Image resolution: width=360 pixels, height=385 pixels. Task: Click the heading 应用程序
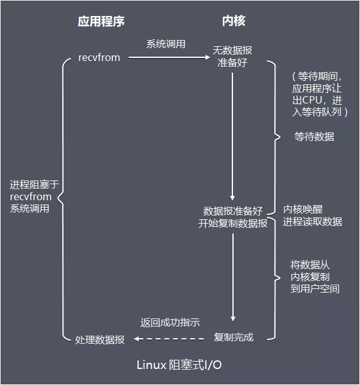click(101, 21)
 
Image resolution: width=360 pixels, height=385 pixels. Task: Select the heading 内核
click(233, 21)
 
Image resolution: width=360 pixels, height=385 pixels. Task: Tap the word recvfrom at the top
click(99, 57)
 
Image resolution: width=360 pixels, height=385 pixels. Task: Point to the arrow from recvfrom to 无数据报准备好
click(166, 58)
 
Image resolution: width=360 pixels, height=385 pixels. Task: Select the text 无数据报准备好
click(232, 56)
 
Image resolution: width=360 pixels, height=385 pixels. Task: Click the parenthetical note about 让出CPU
click(321, 94)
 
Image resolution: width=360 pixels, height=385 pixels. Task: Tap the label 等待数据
click(314, 137)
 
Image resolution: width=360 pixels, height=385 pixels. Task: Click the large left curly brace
click(64, 197)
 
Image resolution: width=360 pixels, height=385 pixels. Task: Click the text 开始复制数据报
click(232, 224)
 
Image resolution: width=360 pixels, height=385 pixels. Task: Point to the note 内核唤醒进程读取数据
click(313, 215)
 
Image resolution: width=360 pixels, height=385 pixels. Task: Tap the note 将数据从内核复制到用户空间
click(314, 276)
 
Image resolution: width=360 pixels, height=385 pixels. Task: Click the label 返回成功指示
click(170, 323)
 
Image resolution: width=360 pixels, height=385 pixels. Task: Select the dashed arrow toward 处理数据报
click(170, 338)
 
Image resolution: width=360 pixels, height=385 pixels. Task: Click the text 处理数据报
click(100, 339)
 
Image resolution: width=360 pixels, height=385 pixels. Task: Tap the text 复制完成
click(234, 338)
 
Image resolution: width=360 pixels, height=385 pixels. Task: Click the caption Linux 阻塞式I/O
click(179, 365)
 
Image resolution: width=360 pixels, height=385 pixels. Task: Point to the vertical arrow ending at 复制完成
click(233, 277)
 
